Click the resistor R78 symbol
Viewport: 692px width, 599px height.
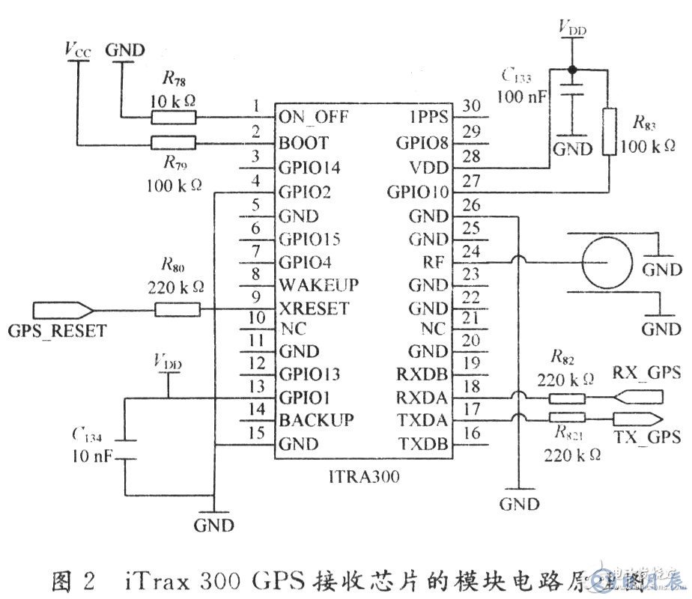click(174, 117)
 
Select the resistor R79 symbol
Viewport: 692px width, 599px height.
click(174, 142)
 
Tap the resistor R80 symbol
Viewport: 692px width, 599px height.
click(177, 308)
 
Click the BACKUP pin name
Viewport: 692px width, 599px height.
click(316, 420)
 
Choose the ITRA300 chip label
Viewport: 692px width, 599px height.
click(362, 474)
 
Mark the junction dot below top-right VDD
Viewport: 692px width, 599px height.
click(572, 69)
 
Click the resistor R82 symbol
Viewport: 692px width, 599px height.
click(566, 399)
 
